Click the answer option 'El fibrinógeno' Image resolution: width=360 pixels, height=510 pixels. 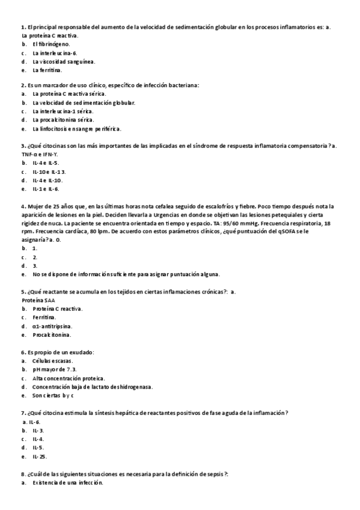(51, 45)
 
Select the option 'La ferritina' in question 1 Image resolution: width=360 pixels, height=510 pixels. (47, 70)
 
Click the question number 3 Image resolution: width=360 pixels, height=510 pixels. (22, 146)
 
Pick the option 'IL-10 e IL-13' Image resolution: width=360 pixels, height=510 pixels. (49, 171)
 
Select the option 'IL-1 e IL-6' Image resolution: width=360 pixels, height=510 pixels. (46, 188)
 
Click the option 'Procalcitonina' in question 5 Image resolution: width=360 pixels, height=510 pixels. (52, 334)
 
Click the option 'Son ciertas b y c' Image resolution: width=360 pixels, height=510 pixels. (53, 395)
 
